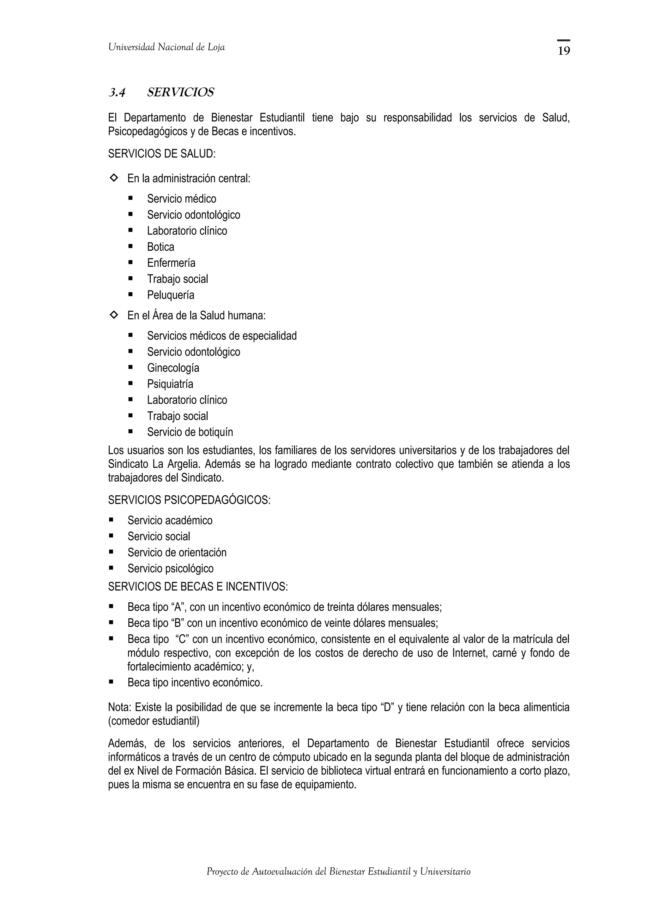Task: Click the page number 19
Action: pos(563,51)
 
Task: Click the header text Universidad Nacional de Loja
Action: pos(166,47)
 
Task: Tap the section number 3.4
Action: pos(117,93)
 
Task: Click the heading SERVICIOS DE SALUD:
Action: pos(161,154)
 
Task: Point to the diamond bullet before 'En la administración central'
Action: pos(114,178)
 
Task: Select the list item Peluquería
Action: pos(171,295)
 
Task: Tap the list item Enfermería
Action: pos(171,263)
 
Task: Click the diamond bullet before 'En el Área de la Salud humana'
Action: pos(114,315)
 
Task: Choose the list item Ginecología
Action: pos(173,368)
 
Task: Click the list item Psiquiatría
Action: pos(170,384)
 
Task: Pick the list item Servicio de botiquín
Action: pos(190,432)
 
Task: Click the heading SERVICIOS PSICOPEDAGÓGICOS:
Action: pos(189,500)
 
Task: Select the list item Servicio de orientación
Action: pos(177,553)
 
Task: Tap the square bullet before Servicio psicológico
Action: pos(111,568)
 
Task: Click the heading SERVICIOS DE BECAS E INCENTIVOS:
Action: pos(198,587)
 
